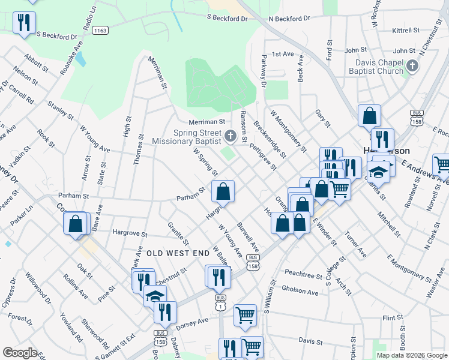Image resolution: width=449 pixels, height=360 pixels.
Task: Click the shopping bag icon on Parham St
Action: click(x=223, y=192)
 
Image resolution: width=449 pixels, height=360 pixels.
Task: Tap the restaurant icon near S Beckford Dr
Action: click(x=24, y=23)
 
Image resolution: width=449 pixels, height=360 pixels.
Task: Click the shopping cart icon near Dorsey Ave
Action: click(x=245, y=314)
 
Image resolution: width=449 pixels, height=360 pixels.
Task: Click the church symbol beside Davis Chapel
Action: click(x=412, y=65)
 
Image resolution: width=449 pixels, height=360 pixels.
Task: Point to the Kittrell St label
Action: click(x=405, y=30)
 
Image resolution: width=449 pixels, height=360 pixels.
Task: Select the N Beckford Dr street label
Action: click(x=289, y=19)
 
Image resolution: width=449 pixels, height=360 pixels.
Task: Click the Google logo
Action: click(x=20, y=353)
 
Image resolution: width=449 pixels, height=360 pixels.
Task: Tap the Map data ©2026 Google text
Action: click(x=411, y=355)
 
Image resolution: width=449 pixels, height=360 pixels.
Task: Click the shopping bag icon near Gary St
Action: click(x=370, y=116)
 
